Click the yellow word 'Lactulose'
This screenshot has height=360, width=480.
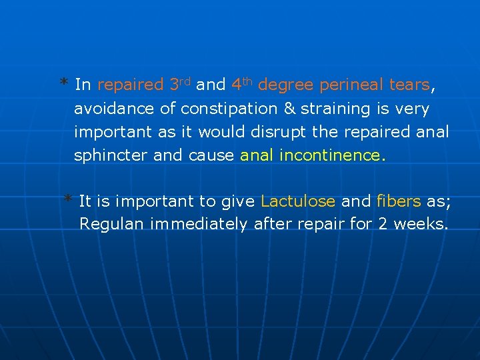[x=298, y=201]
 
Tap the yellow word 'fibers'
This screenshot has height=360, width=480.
[x=399, y=201]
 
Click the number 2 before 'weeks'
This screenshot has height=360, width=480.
[x=383, y=225]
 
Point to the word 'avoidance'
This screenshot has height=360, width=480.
[x=107, y=109]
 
